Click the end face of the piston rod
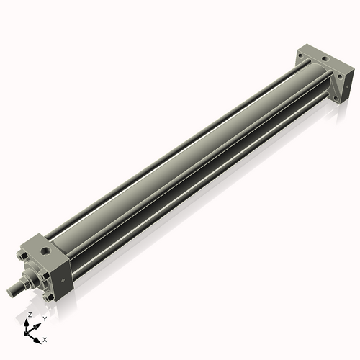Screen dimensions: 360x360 11,292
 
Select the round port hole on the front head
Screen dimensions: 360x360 45,251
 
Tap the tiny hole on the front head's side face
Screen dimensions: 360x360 63,280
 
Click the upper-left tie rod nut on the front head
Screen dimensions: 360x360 22,256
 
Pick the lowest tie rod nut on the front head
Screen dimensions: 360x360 48,297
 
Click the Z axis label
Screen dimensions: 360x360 30,315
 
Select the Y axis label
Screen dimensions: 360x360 45,319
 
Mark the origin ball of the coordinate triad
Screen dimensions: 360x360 26,333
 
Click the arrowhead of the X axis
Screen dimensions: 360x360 37,341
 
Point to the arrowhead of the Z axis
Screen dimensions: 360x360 26,323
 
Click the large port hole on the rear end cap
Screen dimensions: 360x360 325,58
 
